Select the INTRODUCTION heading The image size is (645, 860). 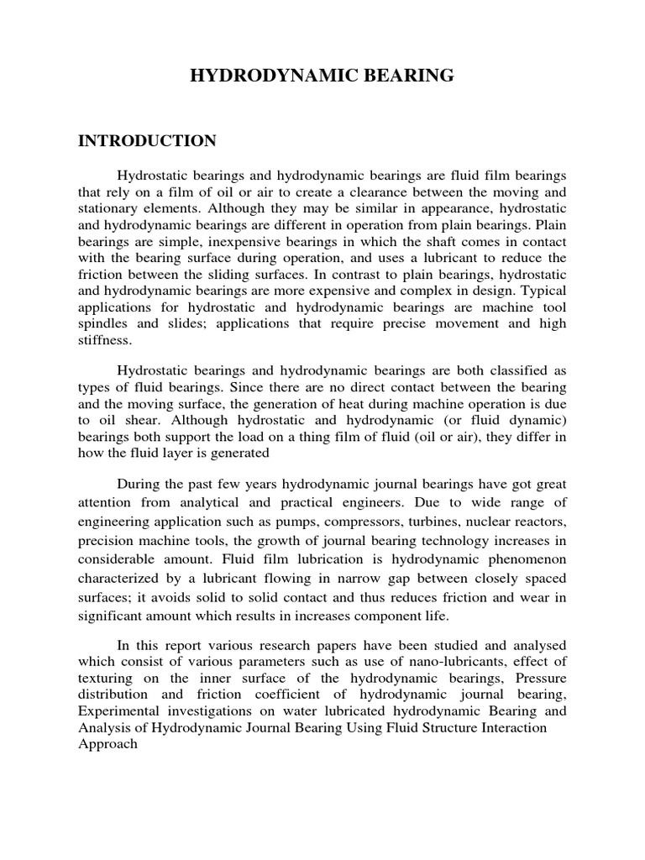147,140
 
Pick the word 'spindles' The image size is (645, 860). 104,323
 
